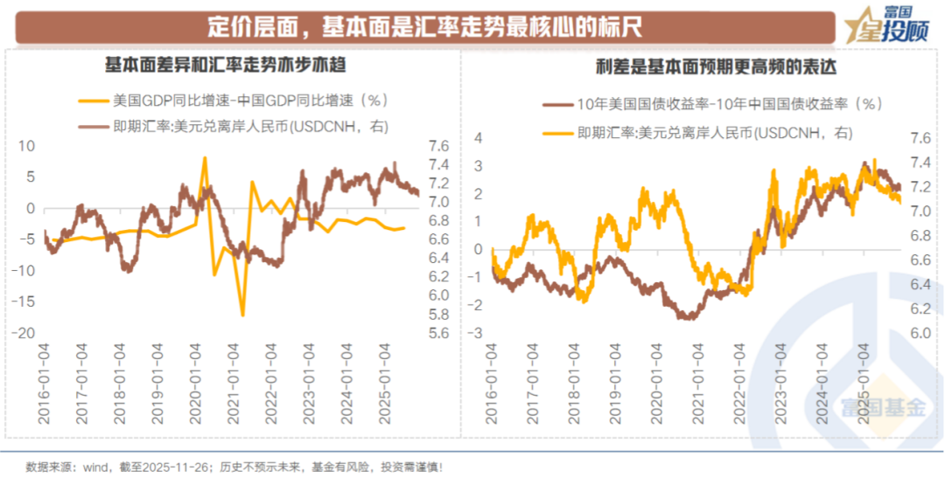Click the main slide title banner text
pos(425,27)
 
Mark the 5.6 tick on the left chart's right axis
pos(437,333)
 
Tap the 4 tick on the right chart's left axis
pos(478,138)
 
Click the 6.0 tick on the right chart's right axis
pos(918,333)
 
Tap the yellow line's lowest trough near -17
pos(242,315)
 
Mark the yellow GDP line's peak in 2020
pos(205,158)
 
